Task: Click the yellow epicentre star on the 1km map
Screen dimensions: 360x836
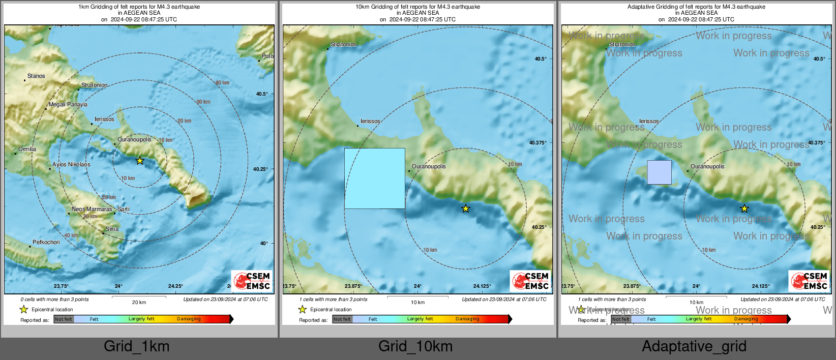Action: point(140,161)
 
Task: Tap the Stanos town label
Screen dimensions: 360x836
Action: point(36,76)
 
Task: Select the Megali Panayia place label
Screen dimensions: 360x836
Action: point(68,105)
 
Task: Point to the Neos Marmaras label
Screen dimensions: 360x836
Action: point(92,209)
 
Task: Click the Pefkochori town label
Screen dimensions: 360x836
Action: point(46,243)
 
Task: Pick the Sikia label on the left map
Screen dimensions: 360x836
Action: point(112,229)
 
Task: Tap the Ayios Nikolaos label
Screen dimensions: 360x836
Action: point(71,165)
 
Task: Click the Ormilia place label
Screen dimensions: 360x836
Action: point(27,149)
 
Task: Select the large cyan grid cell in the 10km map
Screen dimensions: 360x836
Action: point(375,178)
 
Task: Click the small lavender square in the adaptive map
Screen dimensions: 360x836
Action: point(659,172)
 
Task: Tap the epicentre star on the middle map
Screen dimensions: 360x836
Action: point(466,208)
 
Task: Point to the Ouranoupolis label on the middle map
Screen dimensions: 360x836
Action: point(429,167)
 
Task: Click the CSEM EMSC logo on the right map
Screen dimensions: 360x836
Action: point(809,281)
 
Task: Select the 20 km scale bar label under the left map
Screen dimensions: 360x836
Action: point(139,303)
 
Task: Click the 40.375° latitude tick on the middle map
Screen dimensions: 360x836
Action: point(538,143)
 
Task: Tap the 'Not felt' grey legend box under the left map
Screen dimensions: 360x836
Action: point(64,319)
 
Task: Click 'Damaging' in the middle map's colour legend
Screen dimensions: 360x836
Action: point(467,319)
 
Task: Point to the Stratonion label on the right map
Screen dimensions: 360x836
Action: point(622,45)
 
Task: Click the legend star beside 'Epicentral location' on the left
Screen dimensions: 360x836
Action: point(23,309)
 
